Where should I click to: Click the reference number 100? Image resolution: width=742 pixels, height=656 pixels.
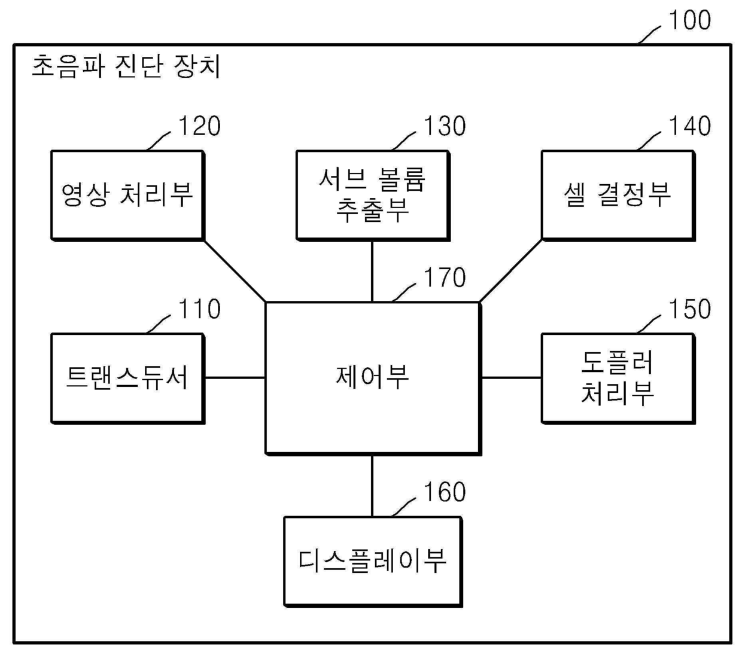[689, 20]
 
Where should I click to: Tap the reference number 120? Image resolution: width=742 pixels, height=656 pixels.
[199, 126]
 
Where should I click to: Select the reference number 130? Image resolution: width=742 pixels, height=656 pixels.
[445, 126]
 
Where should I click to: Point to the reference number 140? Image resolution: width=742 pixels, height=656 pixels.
[689, 126]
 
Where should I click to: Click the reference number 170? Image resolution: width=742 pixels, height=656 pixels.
[445, 278]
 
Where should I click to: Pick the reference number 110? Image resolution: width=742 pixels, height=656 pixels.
[199, 309]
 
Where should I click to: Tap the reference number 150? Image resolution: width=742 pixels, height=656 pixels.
[689, 309]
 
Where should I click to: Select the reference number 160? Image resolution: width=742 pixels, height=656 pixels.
[445, 492]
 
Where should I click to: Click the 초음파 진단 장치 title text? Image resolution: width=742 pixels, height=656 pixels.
[126, 66]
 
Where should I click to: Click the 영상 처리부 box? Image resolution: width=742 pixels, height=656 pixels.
[127, 196]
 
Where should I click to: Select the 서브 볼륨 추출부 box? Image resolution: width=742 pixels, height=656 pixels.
[372, 196]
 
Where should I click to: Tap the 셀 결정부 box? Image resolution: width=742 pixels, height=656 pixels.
[618, 196]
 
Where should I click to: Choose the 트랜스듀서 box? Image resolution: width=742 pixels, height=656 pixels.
[127, 378]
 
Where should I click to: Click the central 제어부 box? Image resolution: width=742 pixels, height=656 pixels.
[372, 378]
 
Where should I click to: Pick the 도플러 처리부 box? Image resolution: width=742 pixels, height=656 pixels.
[618, 378]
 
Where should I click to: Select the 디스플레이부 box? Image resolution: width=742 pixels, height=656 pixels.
[372, 562]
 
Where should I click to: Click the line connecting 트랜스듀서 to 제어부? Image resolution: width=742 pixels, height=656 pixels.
[235, 378]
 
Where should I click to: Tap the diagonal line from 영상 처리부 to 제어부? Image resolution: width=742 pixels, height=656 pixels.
[235, 271]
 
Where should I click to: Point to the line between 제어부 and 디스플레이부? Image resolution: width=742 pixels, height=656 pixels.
[372, 486]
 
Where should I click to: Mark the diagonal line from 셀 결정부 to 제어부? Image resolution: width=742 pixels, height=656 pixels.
[510, 271]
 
